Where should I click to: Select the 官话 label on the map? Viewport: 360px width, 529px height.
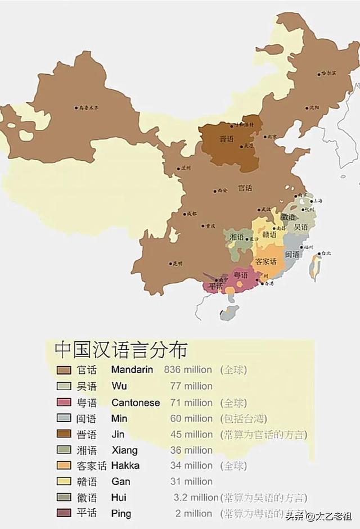point(245,187)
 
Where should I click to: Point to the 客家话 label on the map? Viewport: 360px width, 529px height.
point(266,261)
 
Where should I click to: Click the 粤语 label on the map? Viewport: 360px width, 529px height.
point(241,275)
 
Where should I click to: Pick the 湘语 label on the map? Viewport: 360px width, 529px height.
point(236,237)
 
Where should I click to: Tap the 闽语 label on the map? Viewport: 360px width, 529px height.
point(292,255)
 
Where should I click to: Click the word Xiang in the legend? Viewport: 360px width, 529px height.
point(124,450)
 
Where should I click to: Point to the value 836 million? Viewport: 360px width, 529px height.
point(188,370)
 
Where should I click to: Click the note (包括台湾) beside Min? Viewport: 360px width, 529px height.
point(243,418)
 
